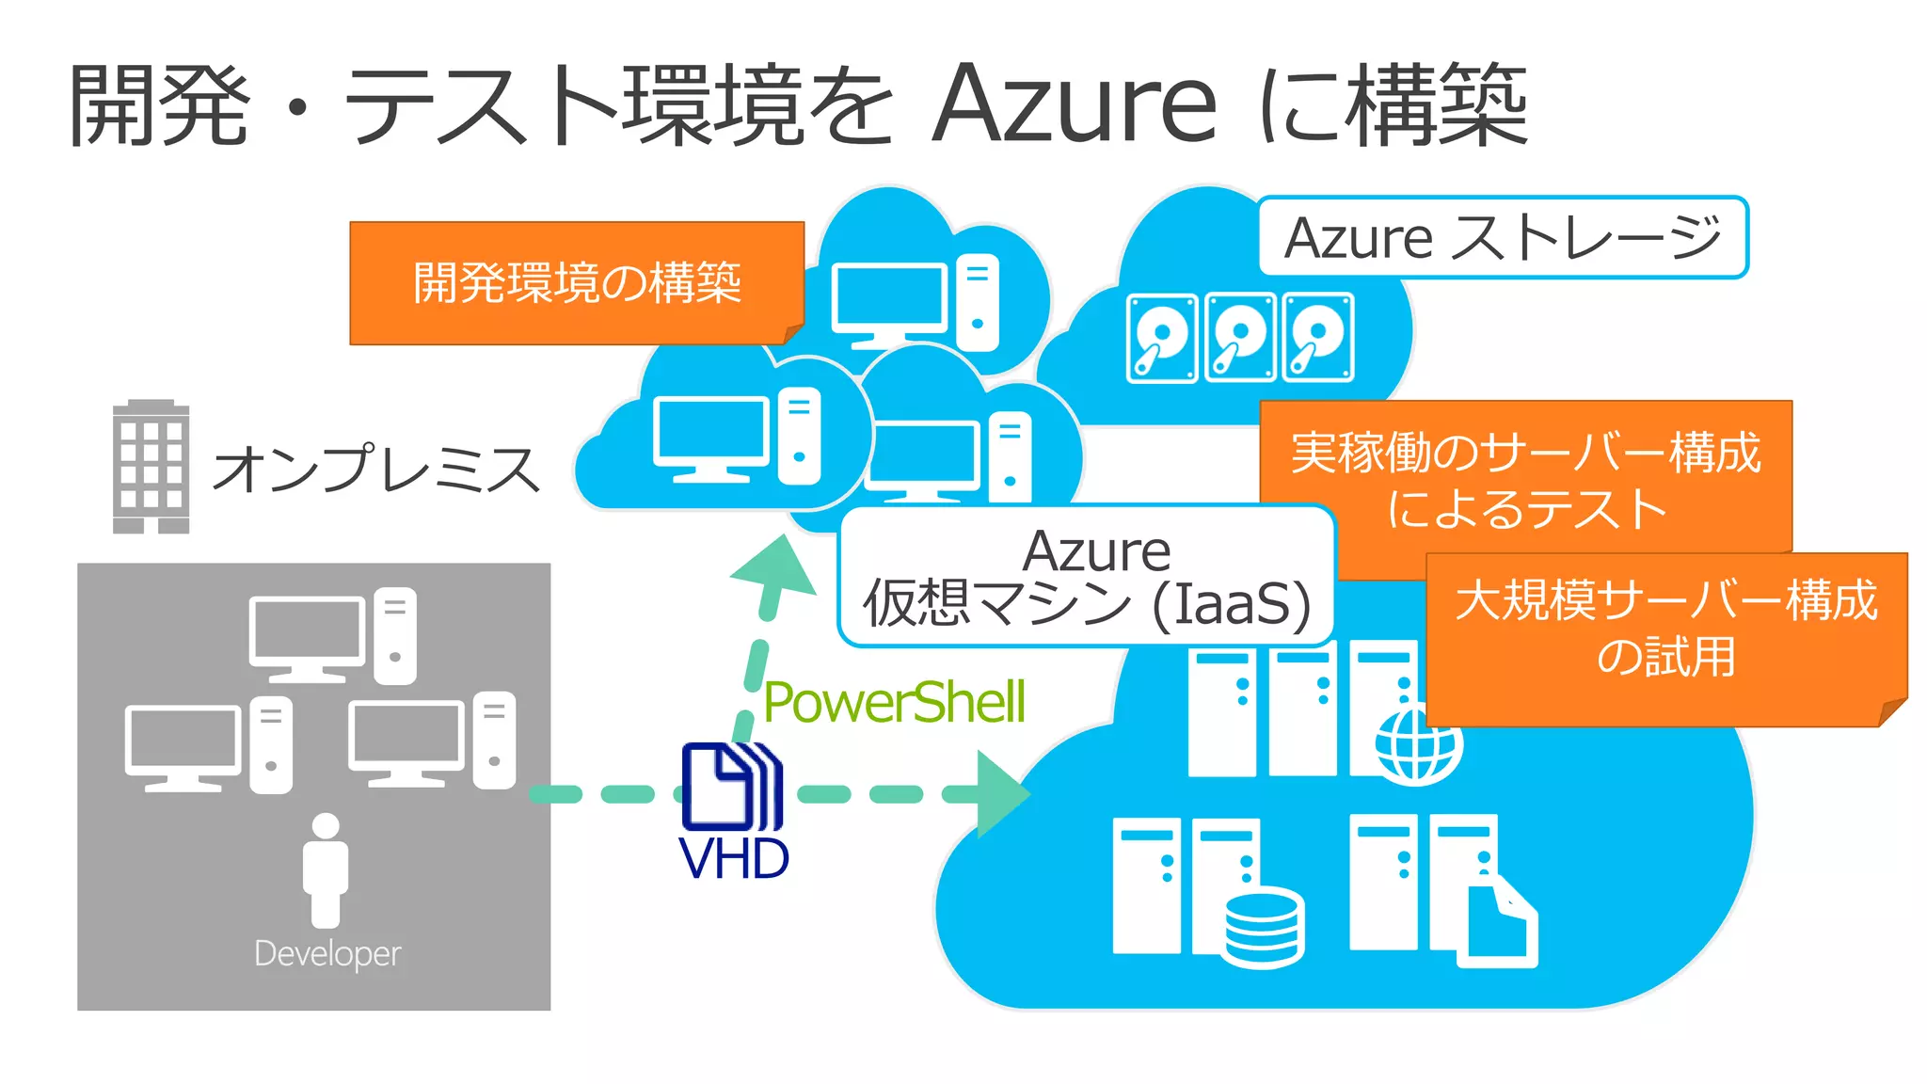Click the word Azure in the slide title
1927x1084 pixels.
coord(1075,105)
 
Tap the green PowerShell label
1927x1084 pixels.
coord(894,703)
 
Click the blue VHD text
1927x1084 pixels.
coord(733,859)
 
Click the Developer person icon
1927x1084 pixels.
coord(326,869)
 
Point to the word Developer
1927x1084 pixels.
coord(327,953)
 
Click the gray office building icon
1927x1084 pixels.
coord(151,467)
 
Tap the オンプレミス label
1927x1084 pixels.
coord(376,469)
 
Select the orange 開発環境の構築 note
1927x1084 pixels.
coord(577,282)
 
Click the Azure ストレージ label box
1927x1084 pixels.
coord(1503,237)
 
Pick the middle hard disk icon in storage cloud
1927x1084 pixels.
coord(1240,337)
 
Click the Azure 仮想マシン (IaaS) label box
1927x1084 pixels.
coord(1087,576)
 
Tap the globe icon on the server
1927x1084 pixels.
coord(1417,746)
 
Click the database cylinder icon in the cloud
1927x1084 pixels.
coord(1265,927)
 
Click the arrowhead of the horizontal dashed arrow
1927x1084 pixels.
coord(1003,794)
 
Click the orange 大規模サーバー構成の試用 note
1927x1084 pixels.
coord(1665,629)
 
